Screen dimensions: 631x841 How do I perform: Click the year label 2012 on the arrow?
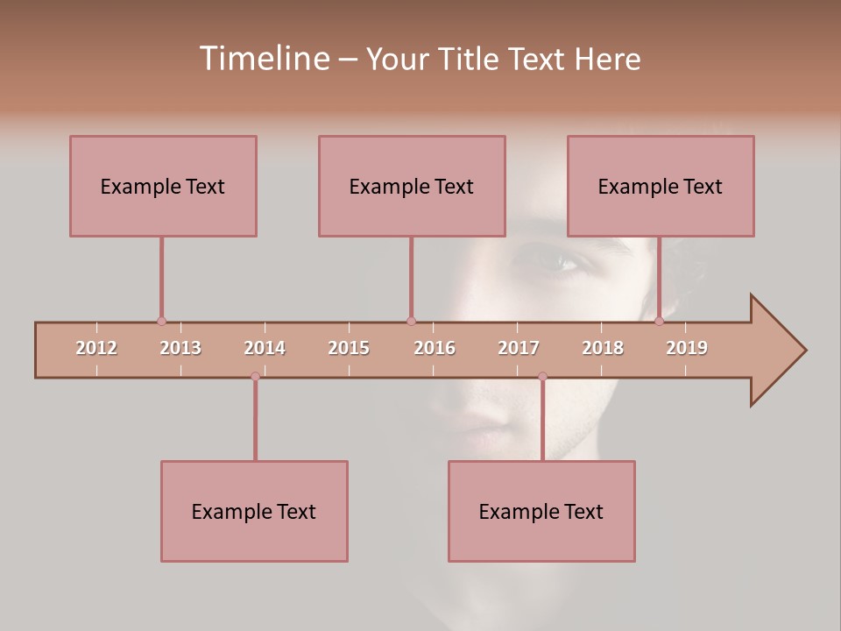coord(96,348)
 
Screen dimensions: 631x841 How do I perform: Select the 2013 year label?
coord(180,348)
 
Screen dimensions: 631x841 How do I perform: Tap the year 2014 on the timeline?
coord(265,348)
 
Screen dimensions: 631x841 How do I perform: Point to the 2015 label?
coord(349,348)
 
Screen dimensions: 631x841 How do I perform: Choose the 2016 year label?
coord(435,348)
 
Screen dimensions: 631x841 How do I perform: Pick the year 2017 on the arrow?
coord(519,348)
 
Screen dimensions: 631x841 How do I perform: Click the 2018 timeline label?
coord(603,348)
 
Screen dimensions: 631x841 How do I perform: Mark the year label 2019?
coord(687,348)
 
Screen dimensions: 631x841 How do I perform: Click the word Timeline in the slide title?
coord(263,59)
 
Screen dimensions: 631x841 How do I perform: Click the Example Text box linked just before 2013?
coord(163,186)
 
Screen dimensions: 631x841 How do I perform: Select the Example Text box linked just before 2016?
coord(412,186)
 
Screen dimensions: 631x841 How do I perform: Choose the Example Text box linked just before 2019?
coord(661,186)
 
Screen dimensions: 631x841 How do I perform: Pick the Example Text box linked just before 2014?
coord(254,511)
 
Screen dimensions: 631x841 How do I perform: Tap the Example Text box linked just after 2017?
coord(541,511)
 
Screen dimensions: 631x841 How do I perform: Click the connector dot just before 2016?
coord(411,321)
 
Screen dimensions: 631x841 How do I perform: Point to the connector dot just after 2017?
coord(542,377)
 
